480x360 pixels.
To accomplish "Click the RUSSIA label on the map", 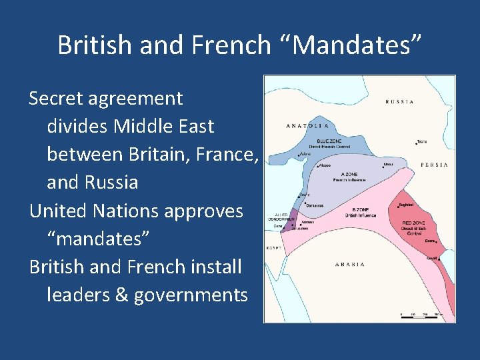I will [x=400, y=102].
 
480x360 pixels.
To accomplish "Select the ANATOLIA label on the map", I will [x=307, y=125].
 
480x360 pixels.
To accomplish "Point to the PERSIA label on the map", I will [x=434, y=164].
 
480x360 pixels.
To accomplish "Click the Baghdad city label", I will [x=405, y=205].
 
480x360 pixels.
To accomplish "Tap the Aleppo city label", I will [x=325, y=165].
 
